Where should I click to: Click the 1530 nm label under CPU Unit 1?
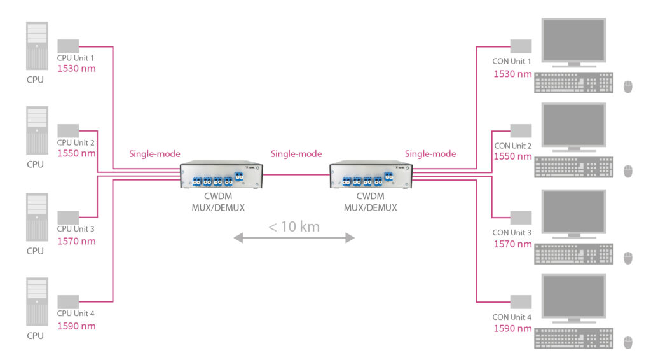[x=76, y=69]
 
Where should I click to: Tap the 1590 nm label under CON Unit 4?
[x=512, y=329]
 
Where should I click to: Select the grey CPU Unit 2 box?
[x=68, y=130]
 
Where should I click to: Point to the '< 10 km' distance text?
[x=294, y=226]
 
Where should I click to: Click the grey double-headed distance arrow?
[x=294, y=238]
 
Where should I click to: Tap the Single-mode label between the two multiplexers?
[x=296, y=154]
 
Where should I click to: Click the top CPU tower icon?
[x=36, y=46]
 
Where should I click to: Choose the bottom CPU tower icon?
[x=36, y=302]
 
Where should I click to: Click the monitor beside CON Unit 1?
[x=573, y=42]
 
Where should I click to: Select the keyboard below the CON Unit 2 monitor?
[x=574, y=168]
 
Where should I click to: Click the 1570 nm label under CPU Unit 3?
[x=76, y=241]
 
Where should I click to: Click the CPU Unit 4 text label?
[x=76, y=314]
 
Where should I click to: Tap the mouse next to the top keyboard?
[x=628, y=87]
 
